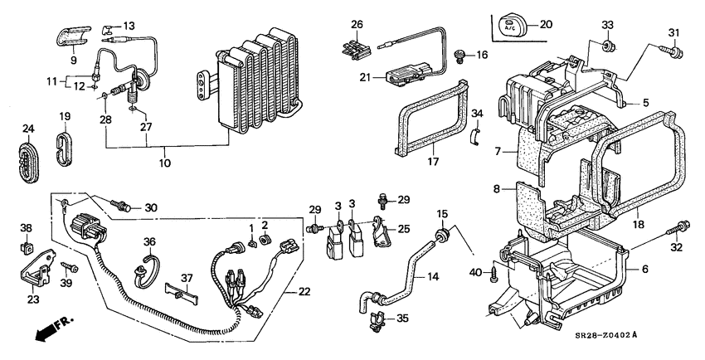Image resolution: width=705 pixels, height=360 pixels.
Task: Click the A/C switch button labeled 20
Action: (x=506, y=26)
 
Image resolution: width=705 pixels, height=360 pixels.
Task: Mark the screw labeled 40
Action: (x=496, y=270)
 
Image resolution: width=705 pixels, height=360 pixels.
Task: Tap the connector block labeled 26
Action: (x=354, y=48)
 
